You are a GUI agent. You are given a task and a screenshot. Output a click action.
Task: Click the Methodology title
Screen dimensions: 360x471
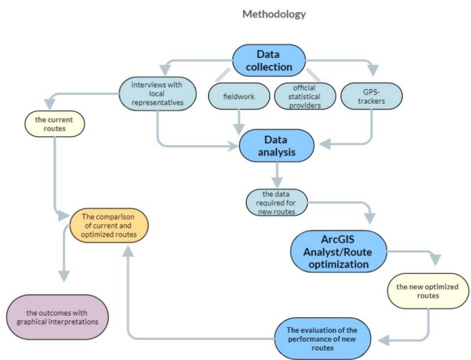(274, 14)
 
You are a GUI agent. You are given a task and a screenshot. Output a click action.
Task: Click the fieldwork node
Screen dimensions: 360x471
(238, 97)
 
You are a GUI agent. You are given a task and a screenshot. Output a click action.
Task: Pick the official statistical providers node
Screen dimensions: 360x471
(304, 96)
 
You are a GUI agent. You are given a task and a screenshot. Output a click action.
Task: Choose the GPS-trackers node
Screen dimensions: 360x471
(372, 96)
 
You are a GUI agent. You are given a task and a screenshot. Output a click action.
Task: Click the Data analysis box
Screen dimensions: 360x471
(276, 145)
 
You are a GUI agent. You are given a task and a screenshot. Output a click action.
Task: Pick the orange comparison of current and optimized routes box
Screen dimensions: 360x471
(109, 225)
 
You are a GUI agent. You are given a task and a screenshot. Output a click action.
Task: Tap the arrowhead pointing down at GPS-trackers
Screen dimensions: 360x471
(372, 72)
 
